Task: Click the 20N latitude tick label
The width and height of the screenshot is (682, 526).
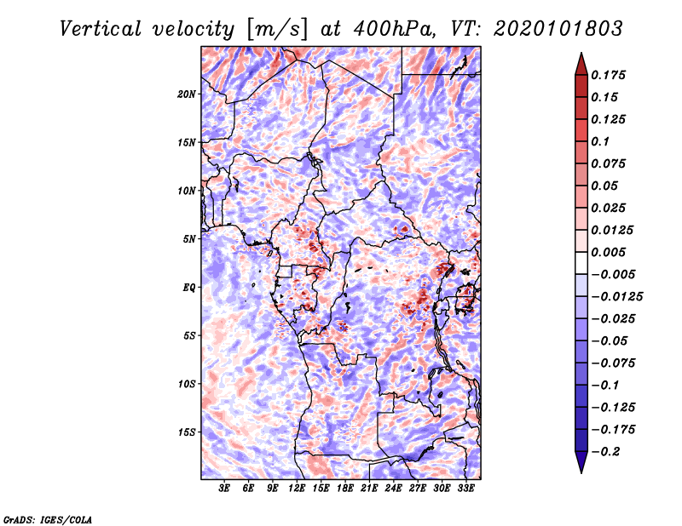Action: click(x=187, y=94)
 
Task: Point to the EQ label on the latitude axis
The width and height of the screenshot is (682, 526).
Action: click(x=188, y=288)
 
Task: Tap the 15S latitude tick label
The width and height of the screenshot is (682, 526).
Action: click(x=187, y=432)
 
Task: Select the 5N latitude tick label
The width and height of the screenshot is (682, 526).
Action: click(x=189, y=239)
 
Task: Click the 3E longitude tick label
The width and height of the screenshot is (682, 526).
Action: click(x=224, y=489)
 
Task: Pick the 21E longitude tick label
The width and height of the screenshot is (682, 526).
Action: click(x=369, y=489)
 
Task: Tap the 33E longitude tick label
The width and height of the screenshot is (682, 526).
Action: click(x=465, y=489)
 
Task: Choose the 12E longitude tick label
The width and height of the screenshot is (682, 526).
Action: click(x=296, y=489)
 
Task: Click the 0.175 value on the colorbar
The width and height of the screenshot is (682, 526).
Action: click(x=608, y=75)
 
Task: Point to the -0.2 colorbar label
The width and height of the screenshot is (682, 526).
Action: click(x=605, y=452)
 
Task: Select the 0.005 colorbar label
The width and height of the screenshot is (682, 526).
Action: click(x=608, y=252)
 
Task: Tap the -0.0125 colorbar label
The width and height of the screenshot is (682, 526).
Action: click(x=616, y=297)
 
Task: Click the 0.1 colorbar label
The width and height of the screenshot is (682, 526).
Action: click(x=600, y=141)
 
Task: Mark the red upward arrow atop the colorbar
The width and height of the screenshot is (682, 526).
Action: click(x=581, y=64)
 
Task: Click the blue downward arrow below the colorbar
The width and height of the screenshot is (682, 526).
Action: click(x=581, y=462)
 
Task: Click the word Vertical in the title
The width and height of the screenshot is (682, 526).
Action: click(x=101, y=29)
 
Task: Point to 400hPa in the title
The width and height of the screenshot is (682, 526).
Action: click(x=394, y=29)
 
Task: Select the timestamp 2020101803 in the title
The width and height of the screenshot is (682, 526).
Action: click(x=558, y=29)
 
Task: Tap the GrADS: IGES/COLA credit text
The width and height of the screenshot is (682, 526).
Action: click(x=48, y=519)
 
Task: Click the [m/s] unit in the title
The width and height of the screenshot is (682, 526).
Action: click(x=277, y=30)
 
